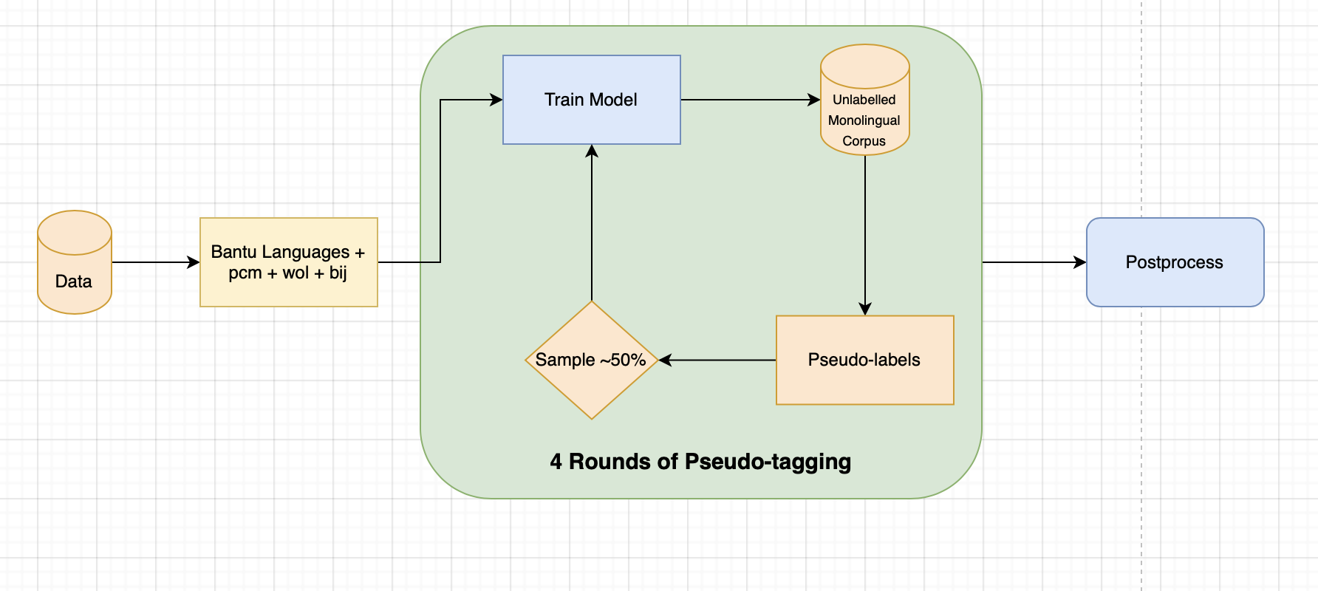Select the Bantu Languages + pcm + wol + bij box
coord(288,262)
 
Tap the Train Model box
coord(591,100)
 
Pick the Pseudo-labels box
coord(864,360)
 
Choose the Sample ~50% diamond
coord(591,360)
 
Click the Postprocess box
coord(1175,262)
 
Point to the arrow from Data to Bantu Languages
coord(155,262)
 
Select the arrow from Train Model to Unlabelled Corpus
coord(750,100)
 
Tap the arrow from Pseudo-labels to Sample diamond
coord(717,360)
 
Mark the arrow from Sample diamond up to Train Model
coord(592,222)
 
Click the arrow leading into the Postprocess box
coord(1034,262)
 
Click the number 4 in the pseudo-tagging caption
coord(556,462)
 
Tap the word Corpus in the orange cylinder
coord(864,141)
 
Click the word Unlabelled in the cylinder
coord(864,100)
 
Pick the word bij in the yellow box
coord(338,273)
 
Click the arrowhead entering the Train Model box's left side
coord(496,100)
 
